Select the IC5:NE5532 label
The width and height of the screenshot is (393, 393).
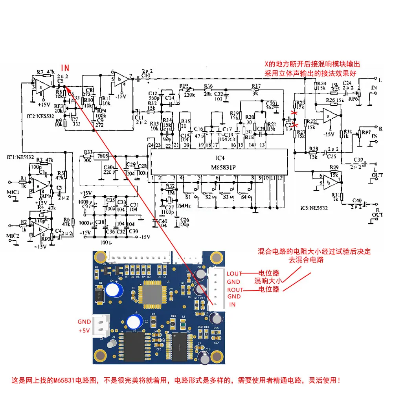click(x=314, y=208)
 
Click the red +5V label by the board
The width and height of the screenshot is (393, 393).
click(x=84, y=331)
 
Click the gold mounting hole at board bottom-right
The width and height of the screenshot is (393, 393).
click(x=216, y=357)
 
